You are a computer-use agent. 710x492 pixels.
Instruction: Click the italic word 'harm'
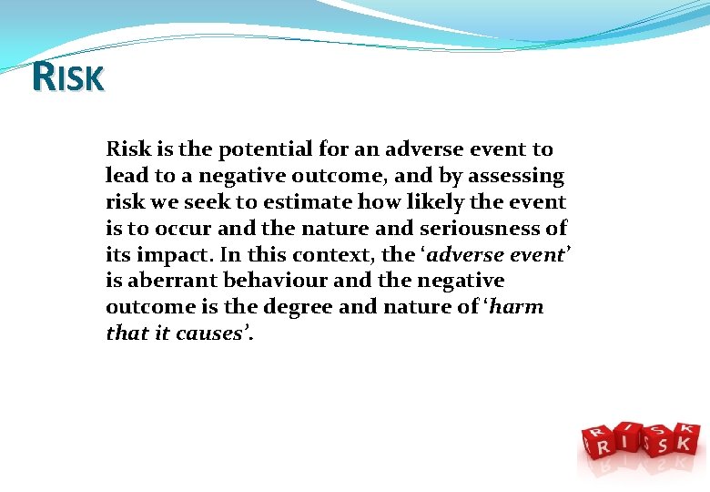tap(518, 307)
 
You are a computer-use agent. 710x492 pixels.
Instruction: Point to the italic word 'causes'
tap(211, 333)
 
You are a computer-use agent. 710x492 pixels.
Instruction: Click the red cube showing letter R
tap(602, 445)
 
